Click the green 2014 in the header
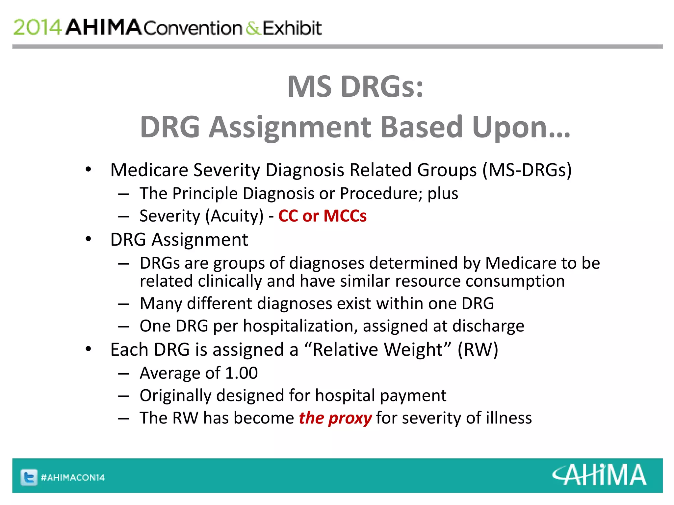(x=37, y=27)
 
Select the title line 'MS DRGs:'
(x=355, y=86)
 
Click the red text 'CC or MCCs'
(x=322, y=216)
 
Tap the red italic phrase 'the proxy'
(x=335, y=418)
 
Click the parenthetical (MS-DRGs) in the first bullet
(x=527, y=170)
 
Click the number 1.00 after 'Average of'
(x=241, y=373)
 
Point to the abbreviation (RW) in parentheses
(x=478, y=349)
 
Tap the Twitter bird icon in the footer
(x=29, y=477)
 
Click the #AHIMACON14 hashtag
(x=73, y=477)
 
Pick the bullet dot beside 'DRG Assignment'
(x=88, y=239)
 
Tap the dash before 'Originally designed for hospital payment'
(x=123, y=396)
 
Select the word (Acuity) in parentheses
(x=234, y=216)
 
